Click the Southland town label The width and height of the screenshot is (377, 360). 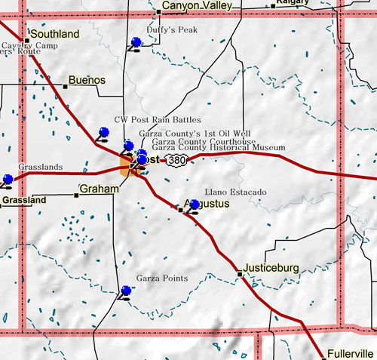coord(55,35)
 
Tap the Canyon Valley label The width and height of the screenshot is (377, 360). coord(193,6)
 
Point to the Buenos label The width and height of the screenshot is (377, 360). coord(87,79)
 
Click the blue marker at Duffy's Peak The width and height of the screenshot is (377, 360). coord(136,42)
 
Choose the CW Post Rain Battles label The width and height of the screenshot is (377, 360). coord(158,119)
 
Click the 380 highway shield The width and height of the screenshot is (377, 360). coord(176,161)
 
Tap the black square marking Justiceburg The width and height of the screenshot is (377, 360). coord(240,274)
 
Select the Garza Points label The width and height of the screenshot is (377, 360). coord(161,278)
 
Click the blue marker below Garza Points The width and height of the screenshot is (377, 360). coord(125,291)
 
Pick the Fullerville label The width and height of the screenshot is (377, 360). coord(351,353)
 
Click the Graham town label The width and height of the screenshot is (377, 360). coord(99,189)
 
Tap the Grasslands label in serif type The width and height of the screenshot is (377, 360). coord(29,168)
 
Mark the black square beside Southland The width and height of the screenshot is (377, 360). coord(26,40)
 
